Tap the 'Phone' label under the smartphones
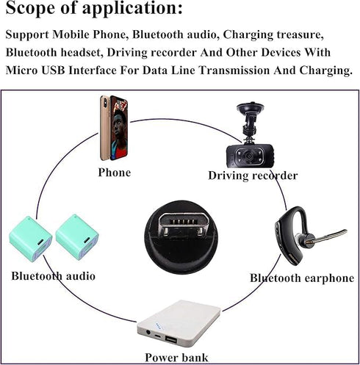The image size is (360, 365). tap(115, 173)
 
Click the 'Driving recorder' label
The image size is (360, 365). tap(253, 176)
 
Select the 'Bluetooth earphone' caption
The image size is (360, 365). tap(302, 278)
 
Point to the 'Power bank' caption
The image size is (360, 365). tap(176, 358)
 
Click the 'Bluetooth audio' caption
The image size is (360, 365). tap(53, 276)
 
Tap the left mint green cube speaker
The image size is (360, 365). tap(31, 239)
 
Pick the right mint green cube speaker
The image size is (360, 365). tap(77, 237)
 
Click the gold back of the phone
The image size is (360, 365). tap(105, 128)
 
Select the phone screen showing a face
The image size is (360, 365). tap(119, 129)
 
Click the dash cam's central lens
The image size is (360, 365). tap(249, 156)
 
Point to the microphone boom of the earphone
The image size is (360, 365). tap(328, 236)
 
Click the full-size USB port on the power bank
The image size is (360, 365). tap(170, 340)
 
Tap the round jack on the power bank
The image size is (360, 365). tap(148, 333)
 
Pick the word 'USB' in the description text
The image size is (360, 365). tap(53, 71)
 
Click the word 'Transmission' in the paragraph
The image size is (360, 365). tap(234, 71)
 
